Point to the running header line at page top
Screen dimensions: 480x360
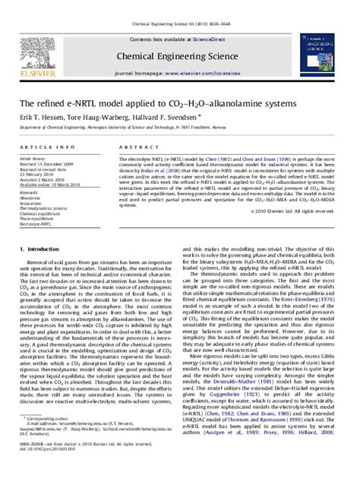179,5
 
